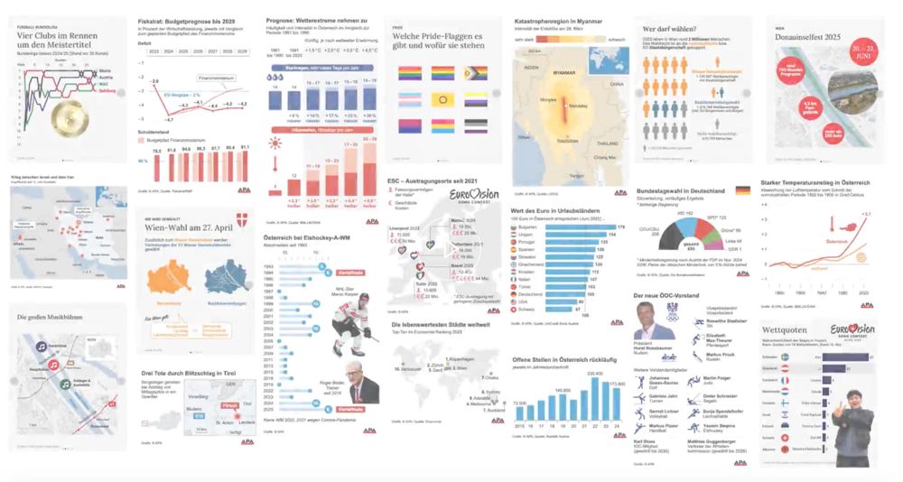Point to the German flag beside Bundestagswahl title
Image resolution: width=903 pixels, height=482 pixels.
(x=742, y=191)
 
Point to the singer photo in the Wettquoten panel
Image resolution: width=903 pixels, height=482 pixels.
(x=857, y=430)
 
